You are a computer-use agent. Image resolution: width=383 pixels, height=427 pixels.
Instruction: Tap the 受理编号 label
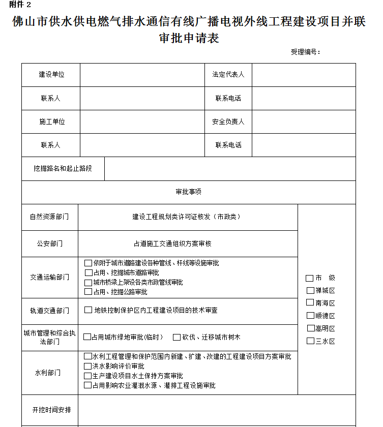[x=305, y=52]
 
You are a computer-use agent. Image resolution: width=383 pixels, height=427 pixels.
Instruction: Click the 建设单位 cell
[x=51, y=75]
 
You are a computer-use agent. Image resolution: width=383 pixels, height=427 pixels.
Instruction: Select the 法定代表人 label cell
[x=228, y=75]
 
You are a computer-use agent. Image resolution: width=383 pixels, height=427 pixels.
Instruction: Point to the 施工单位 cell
[x=51, y=122]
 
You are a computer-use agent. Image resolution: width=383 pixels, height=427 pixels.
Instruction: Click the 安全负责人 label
[x=228, y=122]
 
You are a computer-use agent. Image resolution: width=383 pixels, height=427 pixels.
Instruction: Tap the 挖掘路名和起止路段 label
[x=63, y=168]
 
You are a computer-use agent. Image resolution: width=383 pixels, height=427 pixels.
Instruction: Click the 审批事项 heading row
[x=188, y=192]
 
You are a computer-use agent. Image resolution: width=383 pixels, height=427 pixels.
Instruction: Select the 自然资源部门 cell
[x=49, y=217]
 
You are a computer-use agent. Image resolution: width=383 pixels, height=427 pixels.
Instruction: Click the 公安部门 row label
[x=49, y=243]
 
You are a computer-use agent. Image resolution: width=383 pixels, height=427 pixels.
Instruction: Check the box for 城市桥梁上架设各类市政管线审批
[x=88, y=282]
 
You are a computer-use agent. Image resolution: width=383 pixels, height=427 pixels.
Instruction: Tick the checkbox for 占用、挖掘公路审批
[x=88, y=292]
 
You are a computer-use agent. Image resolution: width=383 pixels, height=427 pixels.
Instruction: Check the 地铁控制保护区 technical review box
[x=88, y=310]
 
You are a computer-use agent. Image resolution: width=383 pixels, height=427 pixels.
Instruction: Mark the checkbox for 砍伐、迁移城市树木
[x=176, y=337]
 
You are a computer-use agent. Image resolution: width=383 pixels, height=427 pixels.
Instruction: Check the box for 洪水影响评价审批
[x=88, y=366]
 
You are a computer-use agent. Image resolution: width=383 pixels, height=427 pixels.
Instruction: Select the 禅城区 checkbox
[x=310, y=290]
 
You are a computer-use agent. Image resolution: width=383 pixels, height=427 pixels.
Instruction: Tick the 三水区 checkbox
[x=310, y=341]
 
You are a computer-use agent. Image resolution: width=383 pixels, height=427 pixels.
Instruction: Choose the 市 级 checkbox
[x=309, y=278]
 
